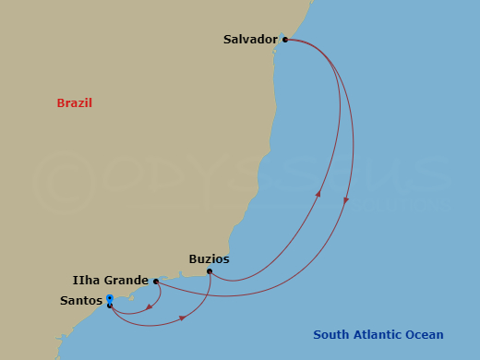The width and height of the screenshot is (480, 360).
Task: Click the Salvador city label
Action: click(x=250, y=40)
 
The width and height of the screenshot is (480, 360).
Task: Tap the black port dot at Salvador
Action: click(x=285, y=40)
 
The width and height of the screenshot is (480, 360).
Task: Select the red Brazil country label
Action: click(x=75, y=103)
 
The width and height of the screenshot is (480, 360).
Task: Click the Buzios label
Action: click(x=209, y=259)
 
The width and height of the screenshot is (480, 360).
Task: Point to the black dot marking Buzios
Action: click(x=210, y=271)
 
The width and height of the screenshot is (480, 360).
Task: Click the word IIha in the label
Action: click(x=87, y=281)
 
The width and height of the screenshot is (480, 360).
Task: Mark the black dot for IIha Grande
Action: click(x=156, y=282)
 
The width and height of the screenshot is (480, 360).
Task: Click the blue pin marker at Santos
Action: click(x=109, y=299)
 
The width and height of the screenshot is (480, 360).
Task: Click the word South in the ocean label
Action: click(x=330, y=335)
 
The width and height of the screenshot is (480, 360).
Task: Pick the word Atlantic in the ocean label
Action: click(x=378, y=335)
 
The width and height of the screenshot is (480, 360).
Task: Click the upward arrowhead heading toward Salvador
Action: click(x=318, y=194)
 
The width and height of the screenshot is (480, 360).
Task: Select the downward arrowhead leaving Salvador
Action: click(x=346, y=200)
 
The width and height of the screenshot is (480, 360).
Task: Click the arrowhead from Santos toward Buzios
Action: click(x=183, y=318)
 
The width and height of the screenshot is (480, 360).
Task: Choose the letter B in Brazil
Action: click(x=61, y=103)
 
